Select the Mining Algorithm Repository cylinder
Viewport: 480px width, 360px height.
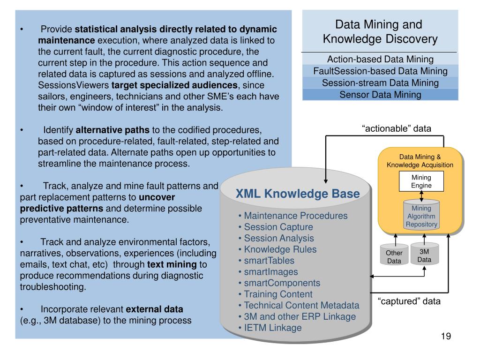click(x=421, y=216)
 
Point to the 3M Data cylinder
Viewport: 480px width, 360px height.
click(x=424, y=255)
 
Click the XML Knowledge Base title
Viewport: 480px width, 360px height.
click(x=298, y=194)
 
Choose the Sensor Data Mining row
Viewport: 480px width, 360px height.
click(x=380, y=95)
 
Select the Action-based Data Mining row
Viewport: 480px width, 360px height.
click(x=380, y=60)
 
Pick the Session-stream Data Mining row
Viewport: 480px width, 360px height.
click(x=380, y=83)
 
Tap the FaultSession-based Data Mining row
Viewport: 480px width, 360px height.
click(x=380, y=71)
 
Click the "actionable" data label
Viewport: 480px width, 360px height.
click(x=396, y=128)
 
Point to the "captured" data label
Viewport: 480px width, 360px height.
click(x=409, y=301)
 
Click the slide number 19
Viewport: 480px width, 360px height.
click(x=445, y=337)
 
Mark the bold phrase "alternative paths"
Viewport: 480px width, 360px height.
click(x=112, y=130)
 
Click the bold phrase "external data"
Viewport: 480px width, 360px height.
click(x=155, y=309)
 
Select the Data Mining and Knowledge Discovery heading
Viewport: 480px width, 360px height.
click(x=380, y=31)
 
